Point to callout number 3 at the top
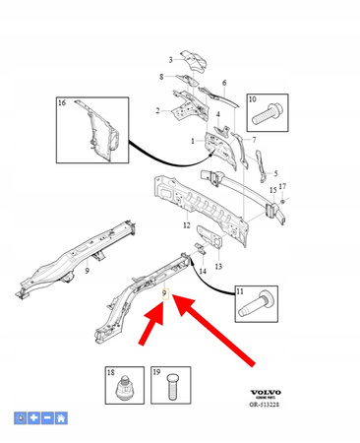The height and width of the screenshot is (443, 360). (x=169, y=60)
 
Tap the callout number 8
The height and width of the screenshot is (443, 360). (x=161, y=77)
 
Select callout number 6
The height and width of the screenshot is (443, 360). (x=224, y=83)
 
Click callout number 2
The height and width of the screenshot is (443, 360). (x=157, y=111)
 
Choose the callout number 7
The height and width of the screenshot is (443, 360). (x=254, y=141)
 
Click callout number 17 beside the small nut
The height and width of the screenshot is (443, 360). (x=283, y=186)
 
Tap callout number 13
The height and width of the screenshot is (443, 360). (x=218, y=267)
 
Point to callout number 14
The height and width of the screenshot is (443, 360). (x=203, y=270)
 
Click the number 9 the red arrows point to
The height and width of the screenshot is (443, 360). (x=164, y=293)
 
